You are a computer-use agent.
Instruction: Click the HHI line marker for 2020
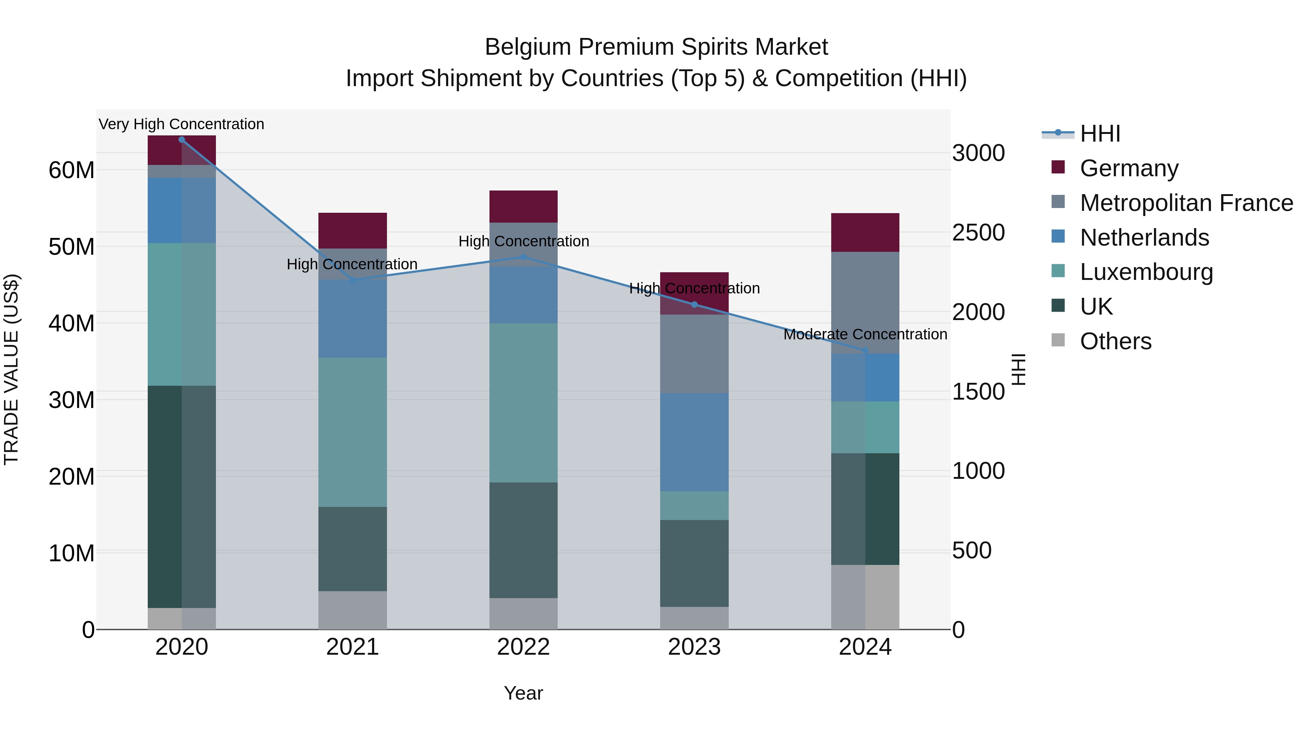coord(182,139)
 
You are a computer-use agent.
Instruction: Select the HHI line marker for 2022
coord(523,257)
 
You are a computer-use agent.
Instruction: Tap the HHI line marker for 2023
coord(694,304)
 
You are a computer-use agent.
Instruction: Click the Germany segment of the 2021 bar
coord(352,231)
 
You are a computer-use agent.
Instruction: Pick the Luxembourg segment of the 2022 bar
coord(523,403)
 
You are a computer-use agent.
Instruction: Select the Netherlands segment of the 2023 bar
coord(694,442)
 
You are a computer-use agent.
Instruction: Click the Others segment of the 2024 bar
coord(865,597)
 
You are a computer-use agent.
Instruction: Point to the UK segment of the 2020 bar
coord(182,497)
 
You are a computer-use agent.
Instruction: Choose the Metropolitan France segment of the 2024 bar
coord(865,303)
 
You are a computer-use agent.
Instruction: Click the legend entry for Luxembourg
coord(1146,272)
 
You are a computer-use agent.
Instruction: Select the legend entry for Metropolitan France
coord(1186,203)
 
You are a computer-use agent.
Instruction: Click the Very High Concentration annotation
coord(182,124)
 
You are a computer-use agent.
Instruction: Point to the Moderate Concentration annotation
coord(865,335)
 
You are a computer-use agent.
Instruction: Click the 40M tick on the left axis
coord(71,323)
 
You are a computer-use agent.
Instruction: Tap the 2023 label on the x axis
coord(694,647)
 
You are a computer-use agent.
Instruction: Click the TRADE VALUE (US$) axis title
coord(11,369)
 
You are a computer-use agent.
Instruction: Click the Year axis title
coord(523,693)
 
